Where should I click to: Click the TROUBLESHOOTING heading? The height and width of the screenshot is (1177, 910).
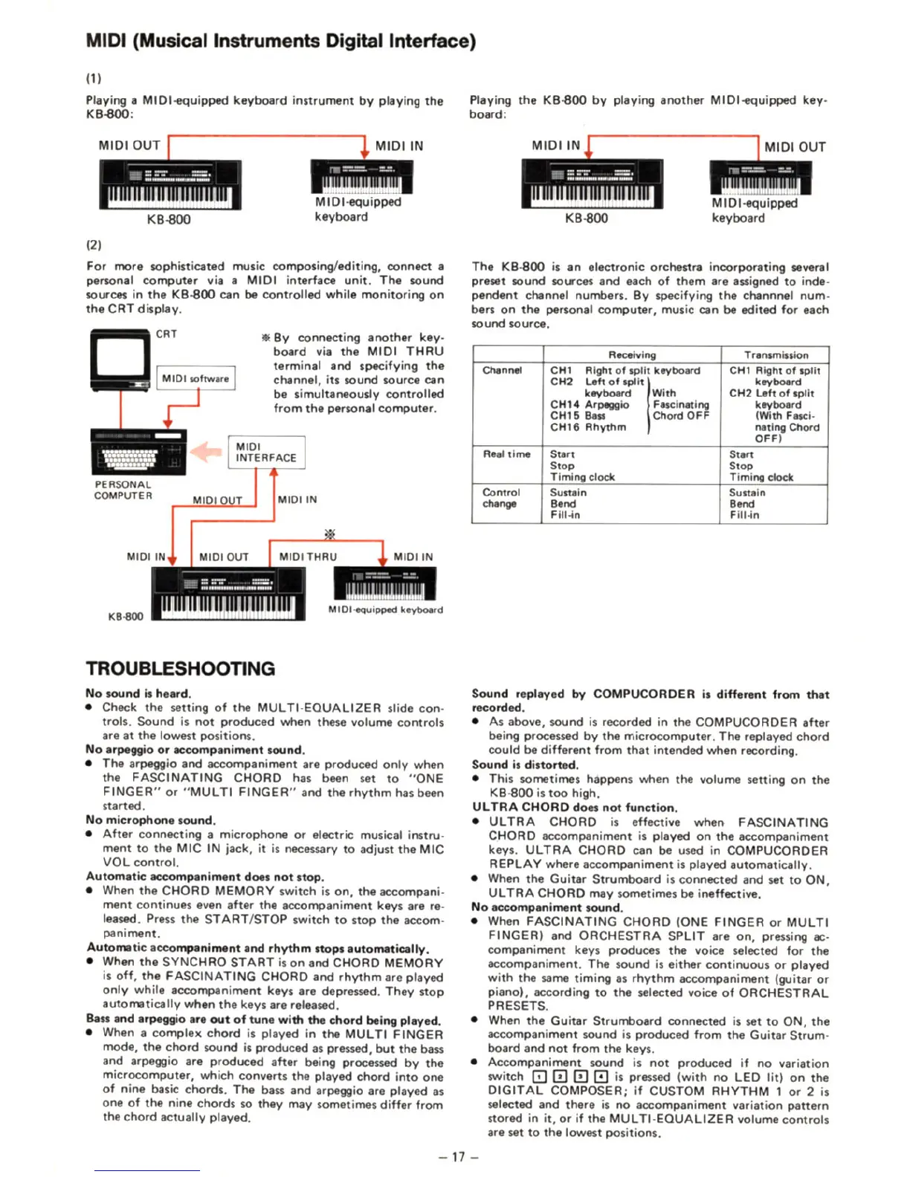point(180,668)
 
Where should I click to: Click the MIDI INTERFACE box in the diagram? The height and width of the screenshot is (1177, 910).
point(266,452)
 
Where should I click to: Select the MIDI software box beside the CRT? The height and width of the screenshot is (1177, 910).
point(196,378)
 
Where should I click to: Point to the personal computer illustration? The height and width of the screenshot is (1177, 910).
point(138,451)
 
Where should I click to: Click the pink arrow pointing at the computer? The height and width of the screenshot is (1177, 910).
point(206,451)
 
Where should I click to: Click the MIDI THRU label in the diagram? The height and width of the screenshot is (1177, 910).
point(308,557)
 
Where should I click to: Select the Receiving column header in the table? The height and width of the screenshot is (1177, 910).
point(632,355)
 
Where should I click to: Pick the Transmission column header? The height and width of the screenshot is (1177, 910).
point(775,355)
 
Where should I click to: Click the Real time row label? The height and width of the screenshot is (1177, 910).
point(506,454)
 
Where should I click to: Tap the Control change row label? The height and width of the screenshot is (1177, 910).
point(500,498)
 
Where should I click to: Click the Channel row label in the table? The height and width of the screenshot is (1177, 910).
point(502,370)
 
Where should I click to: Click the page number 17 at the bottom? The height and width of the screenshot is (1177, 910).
point(458,1156)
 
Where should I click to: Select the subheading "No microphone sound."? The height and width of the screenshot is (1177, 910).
point(150,820)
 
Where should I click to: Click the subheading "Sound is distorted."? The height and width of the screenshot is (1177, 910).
point(525,765)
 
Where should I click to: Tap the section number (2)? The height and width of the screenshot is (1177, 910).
point(94,244)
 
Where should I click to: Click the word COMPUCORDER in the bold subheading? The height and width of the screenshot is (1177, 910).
point(644,694)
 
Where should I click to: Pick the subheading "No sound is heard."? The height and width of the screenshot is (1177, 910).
point(138,693)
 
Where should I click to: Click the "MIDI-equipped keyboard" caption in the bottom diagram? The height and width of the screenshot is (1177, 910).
point(385,609)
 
